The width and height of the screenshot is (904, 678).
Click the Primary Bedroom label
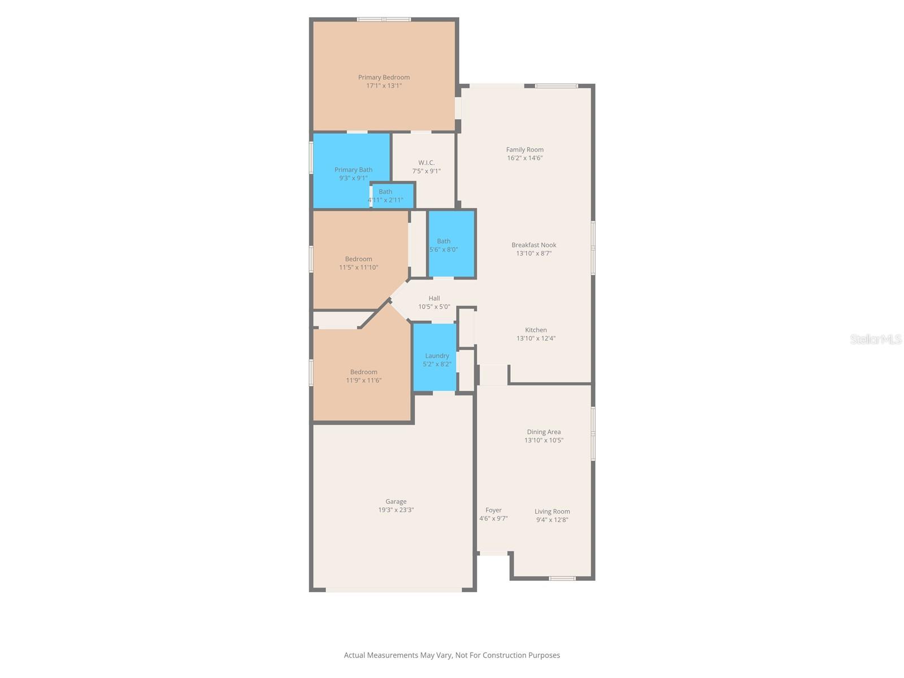coord(384,77)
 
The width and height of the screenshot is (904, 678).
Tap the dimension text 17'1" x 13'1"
coord(384,86)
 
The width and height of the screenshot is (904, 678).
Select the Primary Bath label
coord(353,169)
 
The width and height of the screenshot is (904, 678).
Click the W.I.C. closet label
coord(427,163)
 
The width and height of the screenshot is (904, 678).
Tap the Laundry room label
coord(437,356)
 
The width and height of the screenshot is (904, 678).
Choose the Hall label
coord(434,298)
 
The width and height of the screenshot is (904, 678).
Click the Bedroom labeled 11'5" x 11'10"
coord(358,263)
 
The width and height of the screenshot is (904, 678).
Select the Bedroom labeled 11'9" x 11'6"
coord(363,376)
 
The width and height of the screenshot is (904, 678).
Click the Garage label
coord(395,502)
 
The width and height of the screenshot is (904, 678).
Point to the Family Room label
coord(525,150)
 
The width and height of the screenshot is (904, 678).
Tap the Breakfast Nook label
coord(534,245)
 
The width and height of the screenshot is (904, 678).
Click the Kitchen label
coord(536,330)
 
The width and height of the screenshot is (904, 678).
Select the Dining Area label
coord(544,432)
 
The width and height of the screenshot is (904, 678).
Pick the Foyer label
coord(493,510)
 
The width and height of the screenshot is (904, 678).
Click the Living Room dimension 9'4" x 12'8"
coord(552,520)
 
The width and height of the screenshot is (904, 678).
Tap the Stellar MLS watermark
coord(876,339)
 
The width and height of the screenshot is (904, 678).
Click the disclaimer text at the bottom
coord(452,655)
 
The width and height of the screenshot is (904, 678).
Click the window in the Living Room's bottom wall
coord(563,578)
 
